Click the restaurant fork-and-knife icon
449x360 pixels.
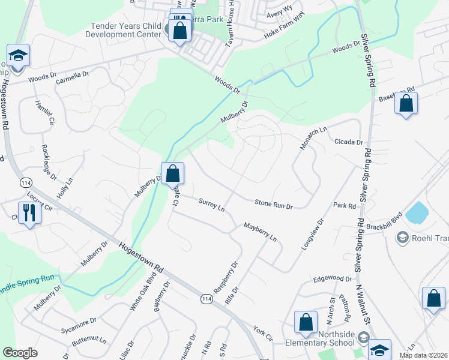(x=29, y=212)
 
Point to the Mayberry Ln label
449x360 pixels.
(x=260, y=232)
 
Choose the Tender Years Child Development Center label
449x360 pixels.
(x=126, y=30)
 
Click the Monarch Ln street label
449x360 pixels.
(x=312, y=138)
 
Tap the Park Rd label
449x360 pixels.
(x=345, y=206)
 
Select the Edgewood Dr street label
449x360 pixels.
(x=332, y=279)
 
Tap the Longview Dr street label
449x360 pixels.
(x=313, y=233)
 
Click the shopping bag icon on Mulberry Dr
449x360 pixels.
(x=172, y=173)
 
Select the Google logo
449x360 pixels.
(x=20, y=353)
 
